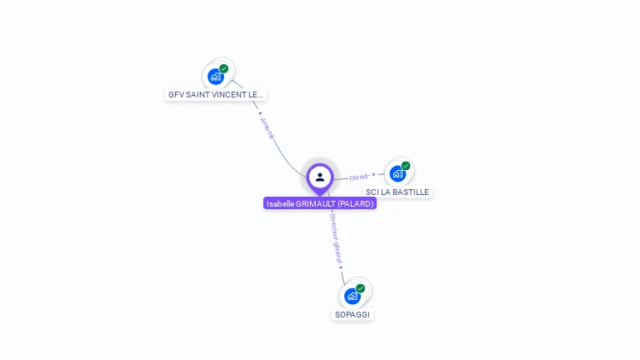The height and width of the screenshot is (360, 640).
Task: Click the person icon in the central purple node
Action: (x=320, y=177)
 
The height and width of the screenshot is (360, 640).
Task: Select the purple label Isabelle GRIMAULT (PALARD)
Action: (x=320, y=203)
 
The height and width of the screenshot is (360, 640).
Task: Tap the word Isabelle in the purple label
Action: (x=281, y=203)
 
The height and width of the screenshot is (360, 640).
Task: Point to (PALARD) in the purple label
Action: (x=356, y=203)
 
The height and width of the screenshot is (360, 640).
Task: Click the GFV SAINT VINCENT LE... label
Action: (x=216, y=95)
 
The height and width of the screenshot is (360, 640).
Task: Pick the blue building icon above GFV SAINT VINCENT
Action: (x=215, y=77)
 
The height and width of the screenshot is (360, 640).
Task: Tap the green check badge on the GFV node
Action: (x=224, y=68)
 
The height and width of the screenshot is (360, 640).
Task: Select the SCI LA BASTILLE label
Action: (x=397, y=192)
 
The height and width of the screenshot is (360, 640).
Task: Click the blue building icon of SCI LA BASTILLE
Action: (x=397, y=173)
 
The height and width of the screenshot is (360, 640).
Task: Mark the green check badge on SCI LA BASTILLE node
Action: (x=406, y=166)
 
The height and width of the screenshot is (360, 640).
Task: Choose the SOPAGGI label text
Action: (x=352, y=315)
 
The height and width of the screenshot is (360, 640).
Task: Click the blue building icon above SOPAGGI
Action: (x=352, y=296)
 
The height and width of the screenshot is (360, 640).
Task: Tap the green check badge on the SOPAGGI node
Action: (x=361, y=288)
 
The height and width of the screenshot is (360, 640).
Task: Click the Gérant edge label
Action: (x=359, y=177)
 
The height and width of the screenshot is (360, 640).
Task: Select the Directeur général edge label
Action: (x=336, y=238)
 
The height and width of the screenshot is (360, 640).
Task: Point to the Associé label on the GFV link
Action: (x=267, y=128)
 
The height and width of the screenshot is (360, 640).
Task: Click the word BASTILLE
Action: (x=412, y=192)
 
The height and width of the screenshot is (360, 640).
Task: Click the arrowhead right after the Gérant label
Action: (x=374, y=175)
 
